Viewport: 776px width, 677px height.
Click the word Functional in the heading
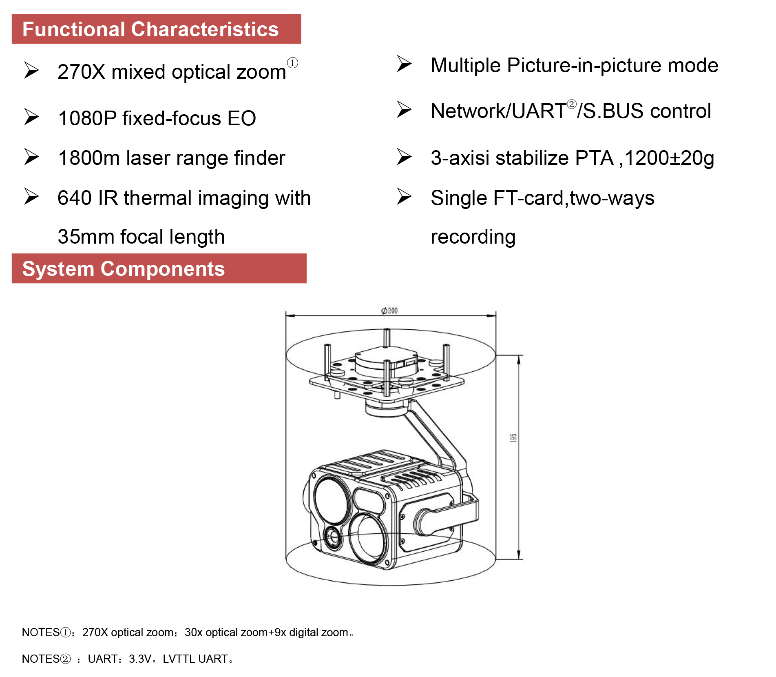pos(73,29)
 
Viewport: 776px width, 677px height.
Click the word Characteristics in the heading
pos(205,29)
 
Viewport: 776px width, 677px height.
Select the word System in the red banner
pos(58,269)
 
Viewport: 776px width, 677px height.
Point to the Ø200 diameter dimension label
pos(389,311)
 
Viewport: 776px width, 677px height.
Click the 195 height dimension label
pos(513,438)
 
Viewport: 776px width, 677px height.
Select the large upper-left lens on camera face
pos(332,500)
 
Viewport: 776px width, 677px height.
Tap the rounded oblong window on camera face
pos(369,500)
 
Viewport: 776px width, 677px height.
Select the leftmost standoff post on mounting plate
pos(327,361)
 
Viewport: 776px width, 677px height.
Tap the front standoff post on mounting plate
pos(386,377)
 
